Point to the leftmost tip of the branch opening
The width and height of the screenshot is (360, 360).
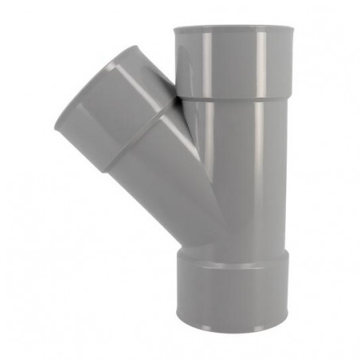56,123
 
